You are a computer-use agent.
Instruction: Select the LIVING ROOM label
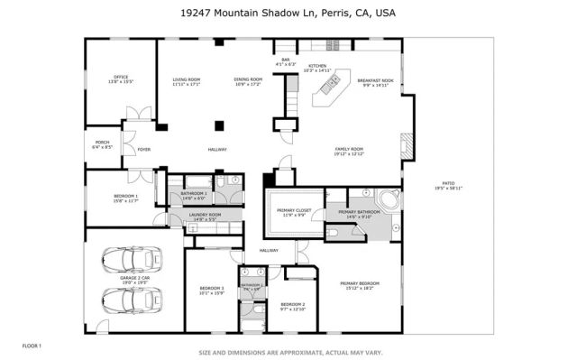[x=186, y=81]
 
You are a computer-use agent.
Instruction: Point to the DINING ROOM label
[x=248, y=81]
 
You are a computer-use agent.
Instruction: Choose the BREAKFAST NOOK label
[x=375, y=82]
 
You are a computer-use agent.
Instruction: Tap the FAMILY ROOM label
[x=349, y=151]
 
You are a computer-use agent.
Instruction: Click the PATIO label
[x=448, y=186]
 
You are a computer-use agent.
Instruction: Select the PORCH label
[x=102, y=144]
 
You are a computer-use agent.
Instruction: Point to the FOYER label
[x=143, y=149]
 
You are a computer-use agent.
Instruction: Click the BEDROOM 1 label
[x=125, y=198]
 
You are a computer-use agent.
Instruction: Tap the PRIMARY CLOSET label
[x=293, y=213]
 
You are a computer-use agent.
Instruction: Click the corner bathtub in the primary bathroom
[x=389, y=201]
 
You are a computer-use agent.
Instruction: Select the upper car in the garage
[x=132, y=259]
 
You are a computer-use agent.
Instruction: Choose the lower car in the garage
[x=132, y=300]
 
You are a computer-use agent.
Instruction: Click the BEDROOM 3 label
[x=211, y=291]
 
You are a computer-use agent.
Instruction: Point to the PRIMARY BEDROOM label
[x=359, y=285]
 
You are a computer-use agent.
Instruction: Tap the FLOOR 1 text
[x=32, y=346]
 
